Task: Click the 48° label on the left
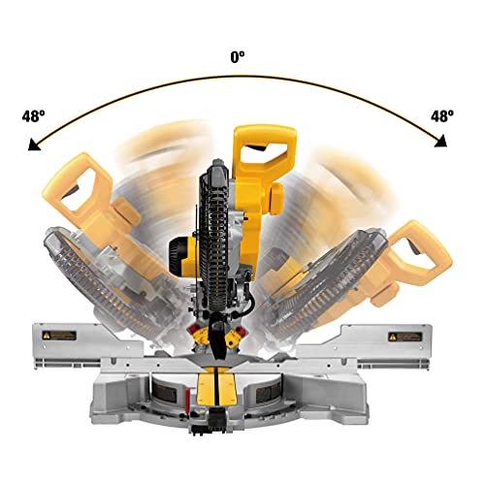(33, 115)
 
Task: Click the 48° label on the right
(443, 115)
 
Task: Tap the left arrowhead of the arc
(36, 145)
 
